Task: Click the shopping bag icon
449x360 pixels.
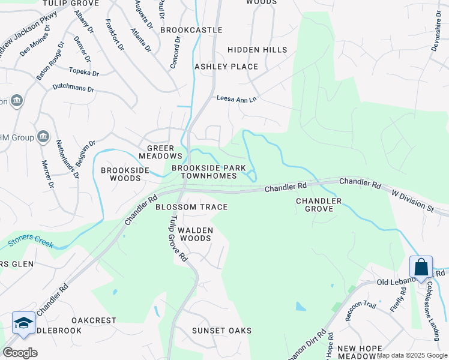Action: tap(421, 266)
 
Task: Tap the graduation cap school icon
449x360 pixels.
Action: tap(23, 323)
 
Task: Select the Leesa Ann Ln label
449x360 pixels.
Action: tap(237, 98)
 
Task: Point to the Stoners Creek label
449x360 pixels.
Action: tap(31, 243)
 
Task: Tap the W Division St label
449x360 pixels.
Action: tap(412, 201)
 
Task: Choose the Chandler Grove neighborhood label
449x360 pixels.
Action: tap(319, 205)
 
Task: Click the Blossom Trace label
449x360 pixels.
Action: tap(191, 207)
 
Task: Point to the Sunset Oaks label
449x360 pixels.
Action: tap(221, 331)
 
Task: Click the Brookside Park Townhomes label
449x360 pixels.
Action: tap(209, 172)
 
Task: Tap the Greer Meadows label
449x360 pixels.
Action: tap(156, 152)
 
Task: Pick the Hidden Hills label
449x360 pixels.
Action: tap(258, 50)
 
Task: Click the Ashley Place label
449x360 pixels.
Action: tap(226, 67)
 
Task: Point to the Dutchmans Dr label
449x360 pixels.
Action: tap(74, 88)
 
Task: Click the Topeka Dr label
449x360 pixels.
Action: tap(83, 71)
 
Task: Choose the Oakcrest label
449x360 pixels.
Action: tap(94, 320)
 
